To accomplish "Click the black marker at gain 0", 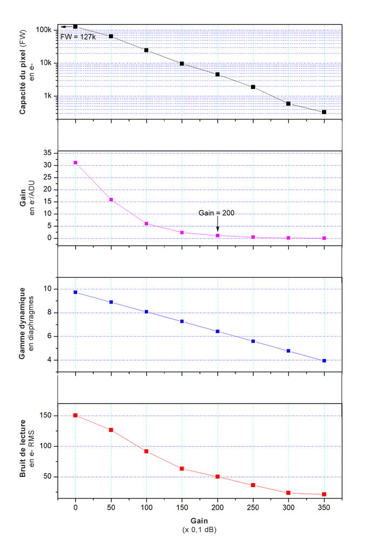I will [75, 26].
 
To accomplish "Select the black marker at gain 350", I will [324, 112].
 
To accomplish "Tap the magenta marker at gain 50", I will [111, 200].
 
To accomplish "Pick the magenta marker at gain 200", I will [218, 235].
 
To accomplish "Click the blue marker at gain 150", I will [182, 321].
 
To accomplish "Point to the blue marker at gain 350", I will [324, 360].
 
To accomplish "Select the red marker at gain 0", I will [75, 415].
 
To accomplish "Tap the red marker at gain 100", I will [146, 451].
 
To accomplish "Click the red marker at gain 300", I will [288, 493].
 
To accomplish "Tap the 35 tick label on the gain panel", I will [48, 153].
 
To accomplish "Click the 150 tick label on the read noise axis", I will [45, 415].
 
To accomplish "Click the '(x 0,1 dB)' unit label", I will [200, 530].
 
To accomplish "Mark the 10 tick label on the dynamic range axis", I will [48, 289].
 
